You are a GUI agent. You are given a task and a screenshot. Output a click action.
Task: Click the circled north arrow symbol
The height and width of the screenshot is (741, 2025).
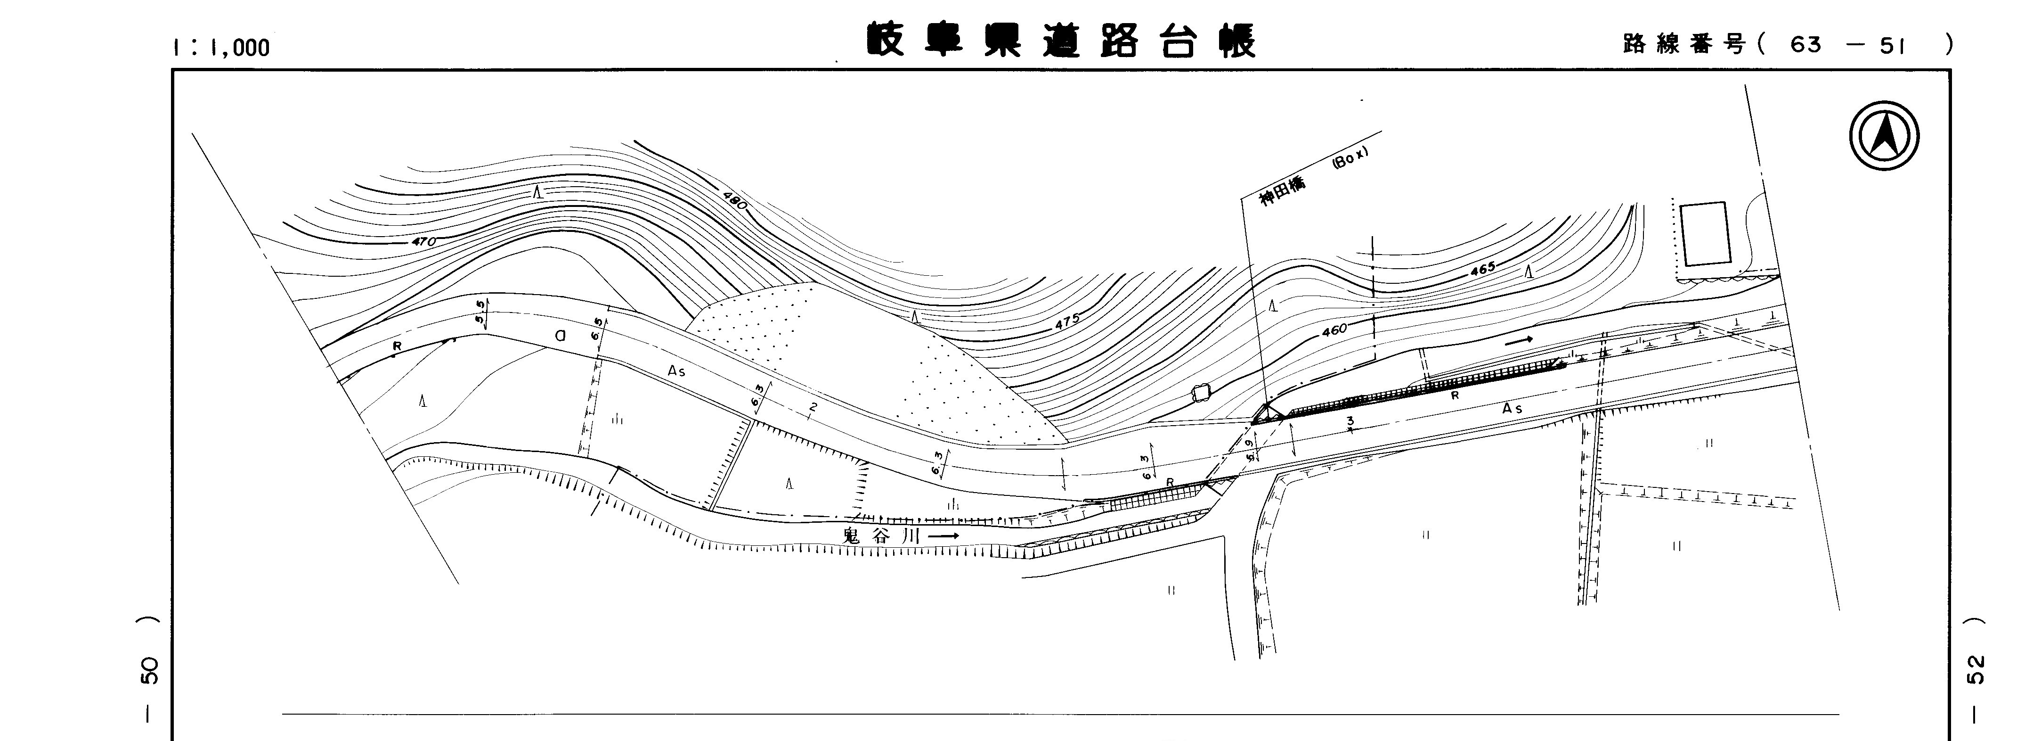(x=1884, y=136)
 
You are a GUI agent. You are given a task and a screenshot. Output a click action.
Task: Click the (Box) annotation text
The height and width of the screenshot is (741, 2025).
(x=1350, y=160)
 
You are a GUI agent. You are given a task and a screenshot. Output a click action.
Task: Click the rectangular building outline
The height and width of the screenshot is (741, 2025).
(x=1705, y=234)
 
